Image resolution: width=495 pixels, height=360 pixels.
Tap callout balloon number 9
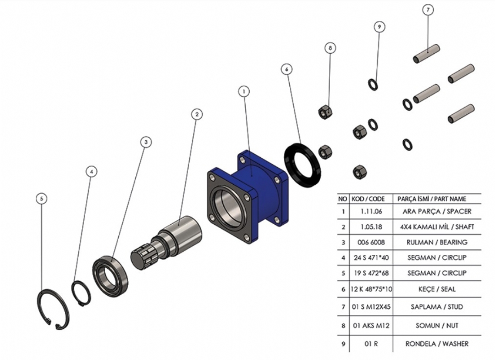[379, 26]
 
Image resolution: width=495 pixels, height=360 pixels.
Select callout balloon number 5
[40, 198]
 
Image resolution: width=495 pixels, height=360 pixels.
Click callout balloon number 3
[146, 142]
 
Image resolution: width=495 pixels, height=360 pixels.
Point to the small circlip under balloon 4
[81, 293]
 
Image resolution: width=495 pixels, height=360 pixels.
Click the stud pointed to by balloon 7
[426, 53]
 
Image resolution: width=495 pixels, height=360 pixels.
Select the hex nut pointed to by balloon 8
[324, 112]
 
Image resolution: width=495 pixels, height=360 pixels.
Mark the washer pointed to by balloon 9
[373, 84]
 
